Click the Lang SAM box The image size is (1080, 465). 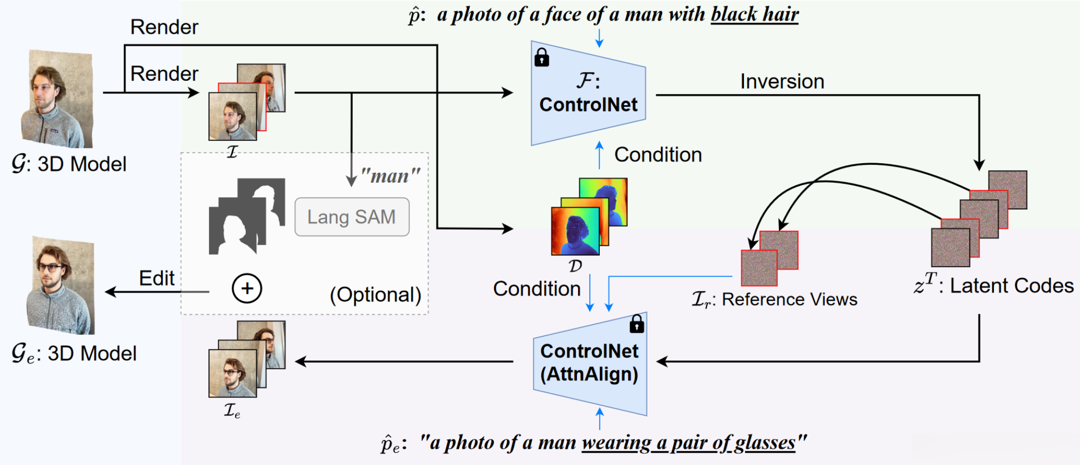(351, 217)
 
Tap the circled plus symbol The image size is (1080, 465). (247, 289)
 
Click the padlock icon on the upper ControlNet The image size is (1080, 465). (541, 57)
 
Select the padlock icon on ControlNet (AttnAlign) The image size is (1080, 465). (637, 324)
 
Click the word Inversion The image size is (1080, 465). (782, 82)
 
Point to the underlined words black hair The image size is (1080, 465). (755, 14)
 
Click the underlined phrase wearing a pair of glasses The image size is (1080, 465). (689, 443)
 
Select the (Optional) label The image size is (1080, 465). (375, 295)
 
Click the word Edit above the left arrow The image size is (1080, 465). (156, 278)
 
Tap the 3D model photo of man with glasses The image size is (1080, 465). (61, 285)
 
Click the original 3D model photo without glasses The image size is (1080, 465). (57, 99)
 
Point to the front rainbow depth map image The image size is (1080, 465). (575, 231)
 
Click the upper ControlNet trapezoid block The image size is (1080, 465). (588, 94)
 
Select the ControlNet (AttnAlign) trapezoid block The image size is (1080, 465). (590, 363)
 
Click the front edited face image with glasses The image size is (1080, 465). (232, 373)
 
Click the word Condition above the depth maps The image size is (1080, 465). (658, 155)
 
